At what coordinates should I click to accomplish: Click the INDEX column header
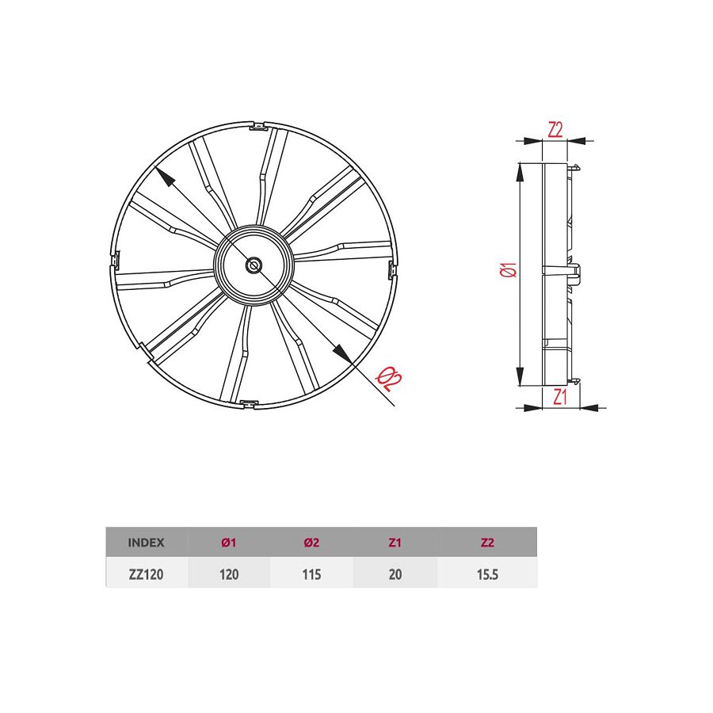click(x=146, y=543)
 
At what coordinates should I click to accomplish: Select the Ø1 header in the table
click(x=229, y=543)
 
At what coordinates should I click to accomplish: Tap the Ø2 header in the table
click(x=311, y=543)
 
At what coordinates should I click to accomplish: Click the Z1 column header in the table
click(x=395, y=543)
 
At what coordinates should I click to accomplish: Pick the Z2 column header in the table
click(x=486, y=543)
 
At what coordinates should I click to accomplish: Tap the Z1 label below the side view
click(x=560, y=396)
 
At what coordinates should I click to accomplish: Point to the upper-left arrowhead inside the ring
click(x=163, y=176)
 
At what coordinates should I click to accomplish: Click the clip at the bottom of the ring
click(x=249, y=405)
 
